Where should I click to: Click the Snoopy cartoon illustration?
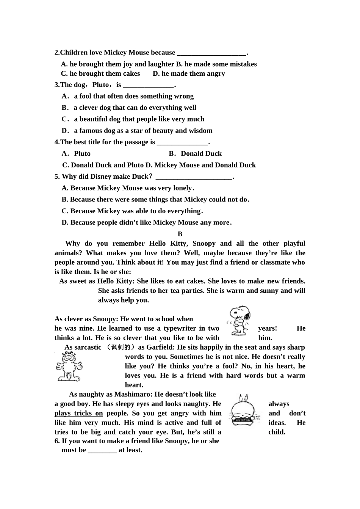click(239, 321)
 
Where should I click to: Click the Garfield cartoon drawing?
click(69, 366)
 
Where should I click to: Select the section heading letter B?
click(180, 234)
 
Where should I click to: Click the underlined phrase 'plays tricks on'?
click(78, 413)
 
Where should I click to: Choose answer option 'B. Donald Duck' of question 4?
click(195, 153)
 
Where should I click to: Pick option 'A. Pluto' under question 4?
click(76, 153)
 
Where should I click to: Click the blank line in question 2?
click(211, 53)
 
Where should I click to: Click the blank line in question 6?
click(102, 450)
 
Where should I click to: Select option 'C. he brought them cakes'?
click(100, 73)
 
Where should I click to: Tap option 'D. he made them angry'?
click(189, 73)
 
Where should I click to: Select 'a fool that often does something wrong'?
click(133, 96)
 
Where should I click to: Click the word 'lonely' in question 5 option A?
click(182, 188)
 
